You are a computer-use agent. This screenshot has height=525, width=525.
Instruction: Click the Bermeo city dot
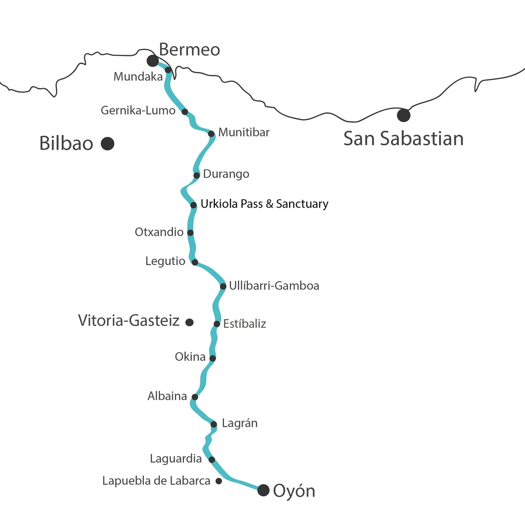[153, 60]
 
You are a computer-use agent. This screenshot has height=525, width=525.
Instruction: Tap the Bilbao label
[66, 144]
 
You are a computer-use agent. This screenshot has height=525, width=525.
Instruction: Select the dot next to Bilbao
[107, 143]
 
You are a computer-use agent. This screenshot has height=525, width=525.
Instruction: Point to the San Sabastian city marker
[403, 115]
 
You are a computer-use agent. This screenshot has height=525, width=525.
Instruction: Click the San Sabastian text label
[403, 139]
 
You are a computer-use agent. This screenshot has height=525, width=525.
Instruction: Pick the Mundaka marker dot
[168, 70]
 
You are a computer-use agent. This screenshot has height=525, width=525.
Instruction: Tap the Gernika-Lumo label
[138, 111]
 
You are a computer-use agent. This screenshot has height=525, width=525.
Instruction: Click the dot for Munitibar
[211, 134]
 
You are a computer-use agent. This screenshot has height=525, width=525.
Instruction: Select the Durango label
[226, 174]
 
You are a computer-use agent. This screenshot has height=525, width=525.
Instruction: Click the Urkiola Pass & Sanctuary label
[264, 204]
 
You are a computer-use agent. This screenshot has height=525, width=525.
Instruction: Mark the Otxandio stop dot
[190, 233]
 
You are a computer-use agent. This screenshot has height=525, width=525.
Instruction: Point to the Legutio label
[165, 262]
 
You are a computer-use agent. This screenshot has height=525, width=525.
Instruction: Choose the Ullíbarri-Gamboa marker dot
[223, 286]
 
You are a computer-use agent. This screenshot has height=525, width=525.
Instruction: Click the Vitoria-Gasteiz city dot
[190, 322]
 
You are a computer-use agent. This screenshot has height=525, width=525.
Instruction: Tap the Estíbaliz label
[245, 324]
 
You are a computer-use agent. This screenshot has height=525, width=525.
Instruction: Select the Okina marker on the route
[212, 358]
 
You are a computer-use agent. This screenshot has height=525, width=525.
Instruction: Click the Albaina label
[167, 396]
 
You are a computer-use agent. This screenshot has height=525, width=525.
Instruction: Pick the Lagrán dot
[213, 424]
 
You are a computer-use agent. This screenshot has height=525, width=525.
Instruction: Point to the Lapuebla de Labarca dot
[219, 481]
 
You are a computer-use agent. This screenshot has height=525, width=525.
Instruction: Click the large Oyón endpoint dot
[263, 490]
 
